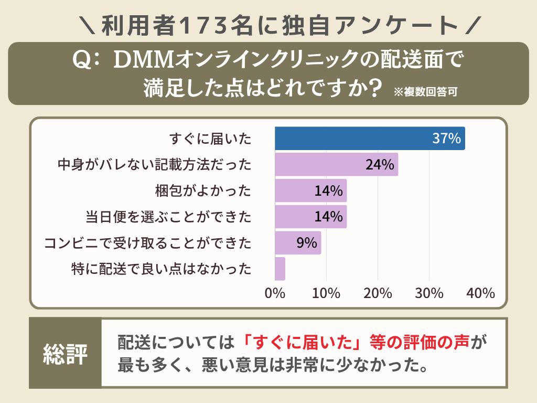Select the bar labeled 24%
click(x=336, y=165)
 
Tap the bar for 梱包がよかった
click(x=310, y=190)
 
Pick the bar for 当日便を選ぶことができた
click(x=310, y=217)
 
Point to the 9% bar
click(x=298, y=242)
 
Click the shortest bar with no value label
click(x=280, y=269)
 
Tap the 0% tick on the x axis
click(x=275, y=293)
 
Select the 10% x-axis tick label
click(x=326, y=293)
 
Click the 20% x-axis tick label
click(x=378, y=293)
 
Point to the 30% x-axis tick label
click(x=429, y=293)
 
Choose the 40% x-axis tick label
click(x=480, y=293)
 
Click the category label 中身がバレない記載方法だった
click(x=154, y=165)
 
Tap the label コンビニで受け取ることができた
click(x=148, y=243)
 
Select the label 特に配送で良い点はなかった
click(x=161, y=269)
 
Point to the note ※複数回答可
click(x=425, y=91)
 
